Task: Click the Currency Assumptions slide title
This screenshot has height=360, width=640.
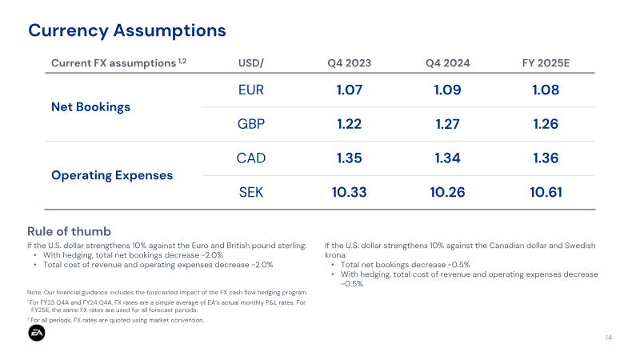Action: click(127, 30)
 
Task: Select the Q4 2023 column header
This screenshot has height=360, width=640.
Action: click(350, 63)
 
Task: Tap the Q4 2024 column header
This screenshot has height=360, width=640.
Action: click(448, 63)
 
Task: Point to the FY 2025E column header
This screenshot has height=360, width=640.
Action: click(546, 63)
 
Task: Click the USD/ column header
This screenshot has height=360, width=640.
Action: click(251, 63)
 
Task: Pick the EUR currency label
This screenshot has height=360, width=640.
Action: click(251, 90)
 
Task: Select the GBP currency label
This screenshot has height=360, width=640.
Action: click(251, 124)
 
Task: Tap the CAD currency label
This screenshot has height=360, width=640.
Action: click(251, 158)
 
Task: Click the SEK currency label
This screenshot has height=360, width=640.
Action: click(251, 192)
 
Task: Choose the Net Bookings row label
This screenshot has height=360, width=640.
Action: click(90, 107)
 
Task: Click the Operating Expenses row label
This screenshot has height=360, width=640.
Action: click(112, 175)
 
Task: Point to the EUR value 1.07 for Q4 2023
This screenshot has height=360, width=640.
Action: click(350, 90)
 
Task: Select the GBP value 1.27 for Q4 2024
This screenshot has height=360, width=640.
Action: click(448, 124)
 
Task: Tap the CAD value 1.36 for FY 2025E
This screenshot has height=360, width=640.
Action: click(546, 158)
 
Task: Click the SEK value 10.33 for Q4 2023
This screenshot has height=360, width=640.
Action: click(350, 192)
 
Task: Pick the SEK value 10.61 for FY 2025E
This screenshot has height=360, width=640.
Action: click(546, 192)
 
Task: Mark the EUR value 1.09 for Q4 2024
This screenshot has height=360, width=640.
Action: click(448, 90)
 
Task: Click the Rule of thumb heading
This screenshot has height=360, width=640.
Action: click(69, 231)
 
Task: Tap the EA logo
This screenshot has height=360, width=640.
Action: click(37, 333)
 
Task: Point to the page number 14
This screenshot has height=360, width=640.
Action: click(609, 338)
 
